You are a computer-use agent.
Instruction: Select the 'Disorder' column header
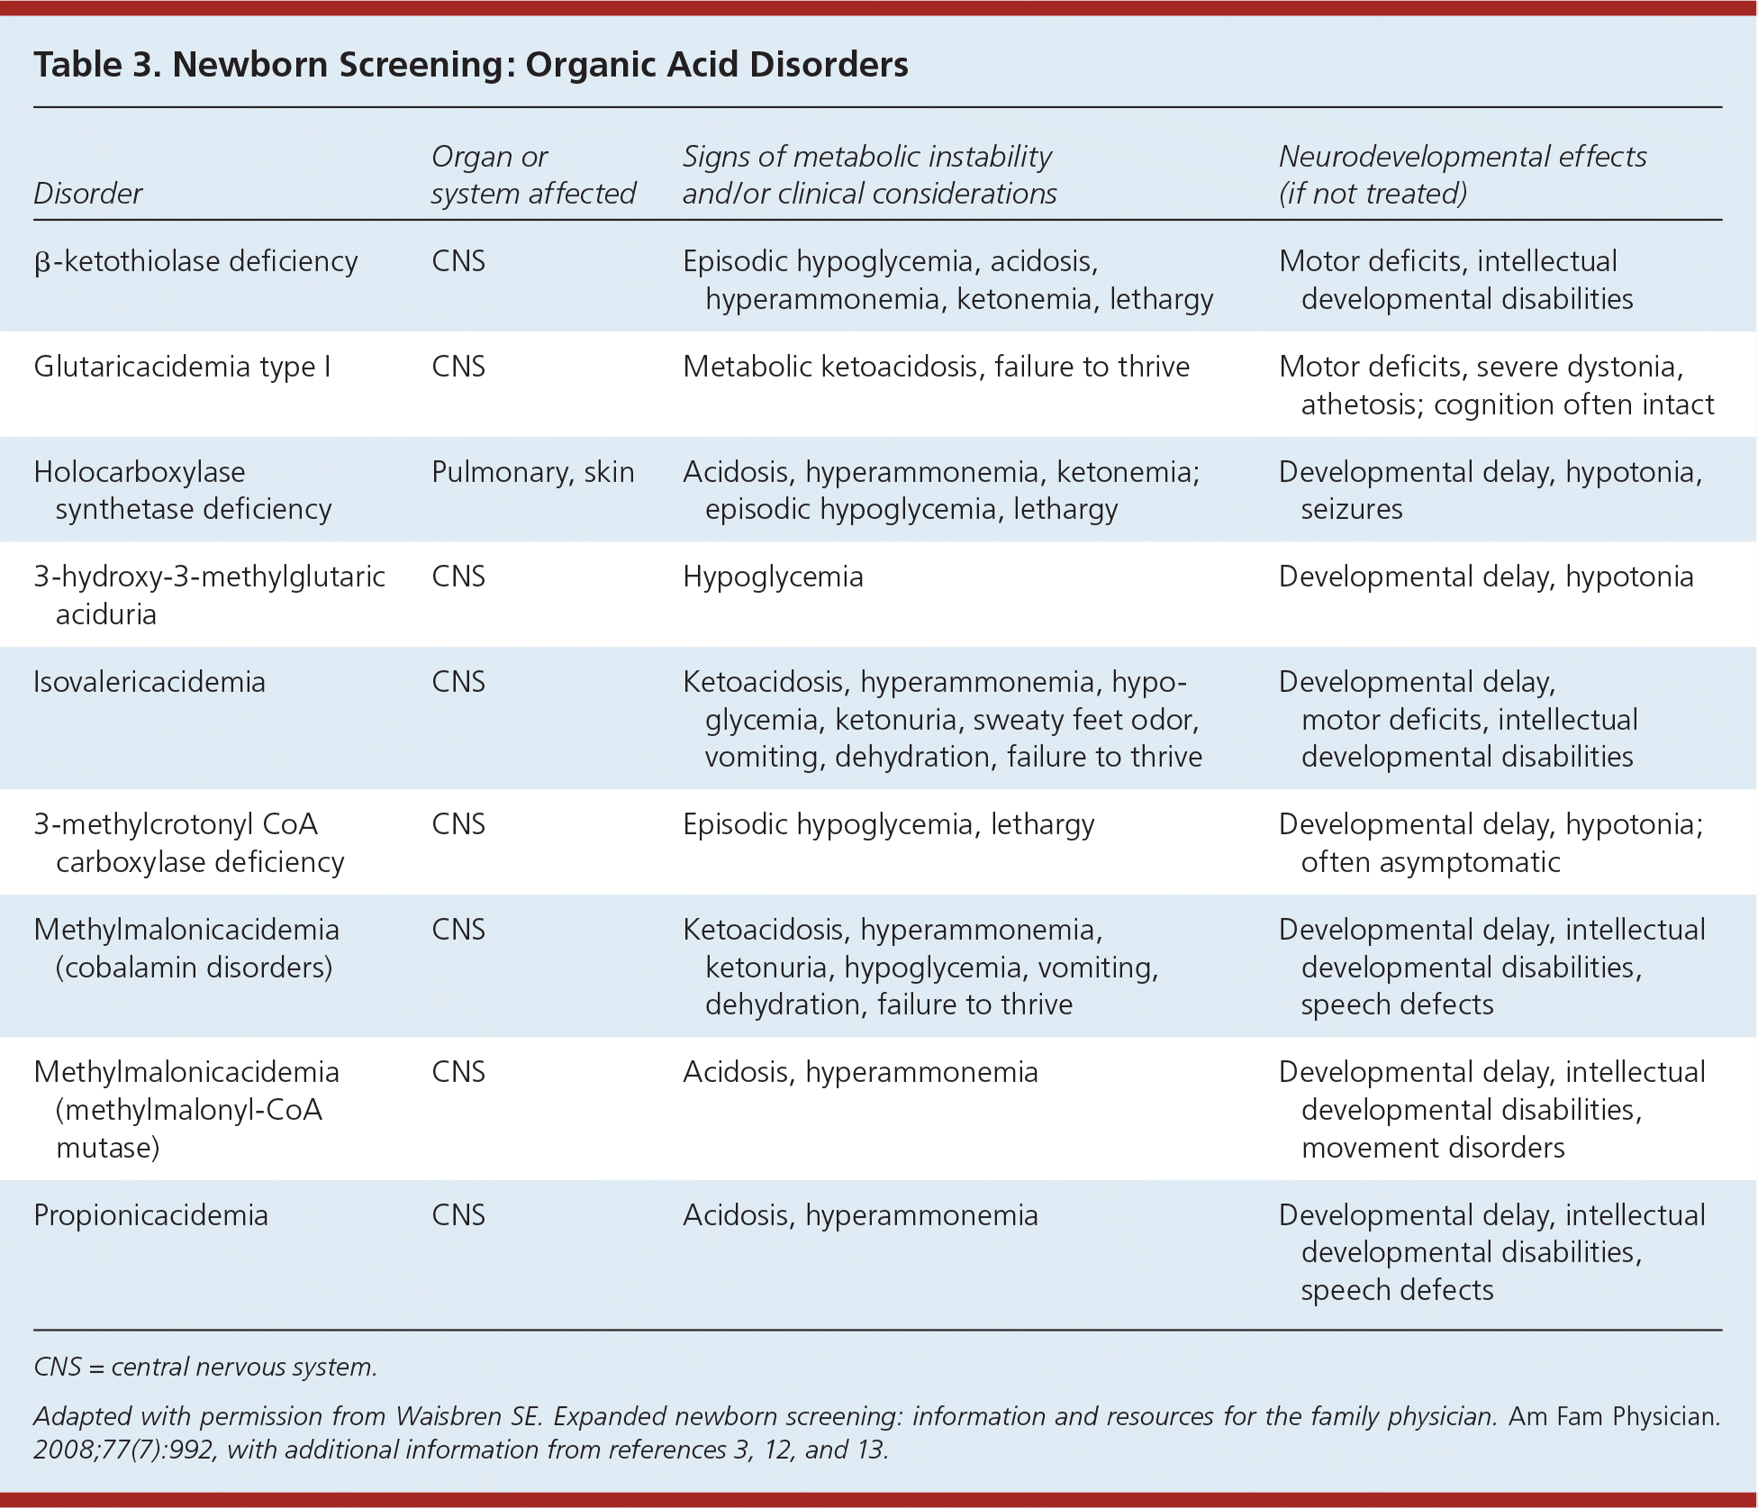coord(87,194)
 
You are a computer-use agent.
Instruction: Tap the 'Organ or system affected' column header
coord(532,175)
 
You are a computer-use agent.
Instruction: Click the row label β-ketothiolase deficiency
coord(195,261)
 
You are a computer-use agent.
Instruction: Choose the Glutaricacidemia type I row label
coord(182,367)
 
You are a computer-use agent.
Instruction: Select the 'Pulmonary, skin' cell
coord(532,472)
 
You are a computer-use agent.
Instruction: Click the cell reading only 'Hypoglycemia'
coord(773,577)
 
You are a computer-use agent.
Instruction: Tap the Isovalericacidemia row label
coord(149,682)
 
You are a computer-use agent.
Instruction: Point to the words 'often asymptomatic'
coord(1430,862)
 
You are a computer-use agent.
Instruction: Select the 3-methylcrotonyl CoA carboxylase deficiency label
coord(189,843)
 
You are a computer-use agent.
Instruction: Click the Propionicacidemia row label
coord(150,1215)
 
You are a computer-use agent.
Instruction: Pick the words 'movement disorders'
coord(1433,1148)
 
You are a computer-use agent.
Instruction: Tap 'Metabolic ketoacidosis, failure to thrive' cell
coord(936,367)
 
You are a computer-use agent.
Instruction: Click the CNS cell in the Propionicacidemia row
coord(458,1215)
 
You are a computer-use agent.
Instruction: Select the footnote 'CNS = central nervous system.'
coord(205,1367)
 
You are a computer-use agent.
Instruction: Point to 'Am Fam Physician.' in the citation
coord(1614,1416)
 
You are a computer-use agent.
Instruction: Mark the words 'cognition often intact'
coord(1573,405)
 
